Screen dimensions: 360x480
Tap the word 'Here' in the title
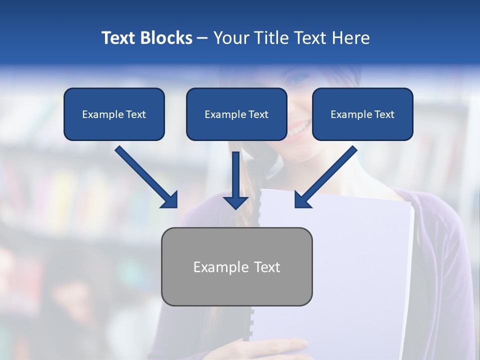click(350, 38)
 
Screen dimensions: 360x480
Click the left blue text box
click(114, 114)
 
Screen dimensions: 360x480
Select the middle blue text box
click(236, 114)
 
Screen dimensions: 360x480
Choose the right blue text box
click(362, 114)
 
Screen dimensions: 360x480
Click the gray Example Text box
click(236, 266)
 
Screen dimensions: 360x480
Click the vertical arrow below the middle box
click(235, 180)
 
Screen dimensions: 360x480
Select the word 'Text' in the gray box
click(266, 267)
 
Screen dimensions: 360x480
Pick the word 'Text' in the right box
click(384, 114)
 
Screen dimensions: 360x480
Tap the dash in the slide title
click(202, 38)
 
